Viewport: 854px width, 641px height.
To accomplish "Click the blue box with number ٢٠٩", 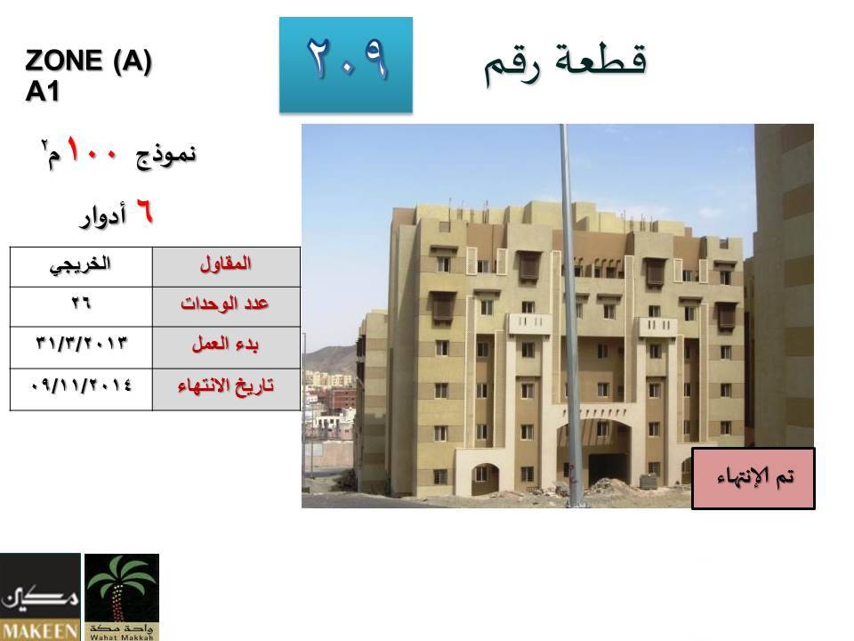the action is tap(346, 65).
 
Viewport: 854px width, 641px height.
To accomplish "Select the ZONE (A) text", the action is tap(88, 60).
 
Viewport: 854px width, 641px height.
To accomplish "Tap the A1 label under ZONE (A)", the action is tap(42, 91).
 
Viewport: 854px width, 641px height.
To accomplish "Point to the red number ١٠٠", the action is tap(93, 150).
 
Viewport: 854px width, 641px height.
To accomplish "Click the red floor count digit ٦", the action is tap(144, 211).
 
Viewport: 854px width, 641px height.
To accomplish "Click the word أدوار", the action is tap(103, 216).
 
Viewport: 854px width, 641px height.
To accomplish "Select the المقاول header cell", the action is tap(226, 267).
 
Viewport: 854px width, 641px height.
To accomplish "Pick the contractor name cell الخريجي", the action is tap(81, 267).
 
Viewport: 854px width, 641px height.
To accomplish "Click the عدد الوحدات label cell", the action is tap(226, 307).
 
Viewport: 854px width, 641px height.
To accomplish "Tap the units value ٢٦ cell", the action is tap(81, 307).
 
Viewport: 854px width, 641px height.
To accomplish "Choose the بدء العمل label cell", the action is tap(226, 348).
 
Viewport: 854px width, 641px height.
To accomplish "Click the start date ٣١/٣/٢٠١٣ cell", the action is tap(81, 348).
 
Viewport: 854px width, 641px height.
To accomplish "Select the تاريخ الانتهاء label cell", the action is tap(226, 389).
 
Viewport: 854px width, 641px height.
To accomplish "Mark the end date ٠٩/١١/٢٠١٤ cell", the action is tap(81, 389).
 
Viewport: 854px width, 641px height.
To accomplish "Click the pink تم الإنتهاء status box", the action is tap(753, 479).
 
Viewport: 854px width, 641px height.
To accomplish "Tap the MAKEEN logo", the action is tap(40, 596).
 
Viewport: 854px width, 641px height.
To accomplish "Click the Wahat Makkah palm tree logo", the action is tap(122, 596).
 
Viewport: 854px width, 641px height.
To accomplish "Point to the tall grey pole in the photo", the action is tap(569, 316).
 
